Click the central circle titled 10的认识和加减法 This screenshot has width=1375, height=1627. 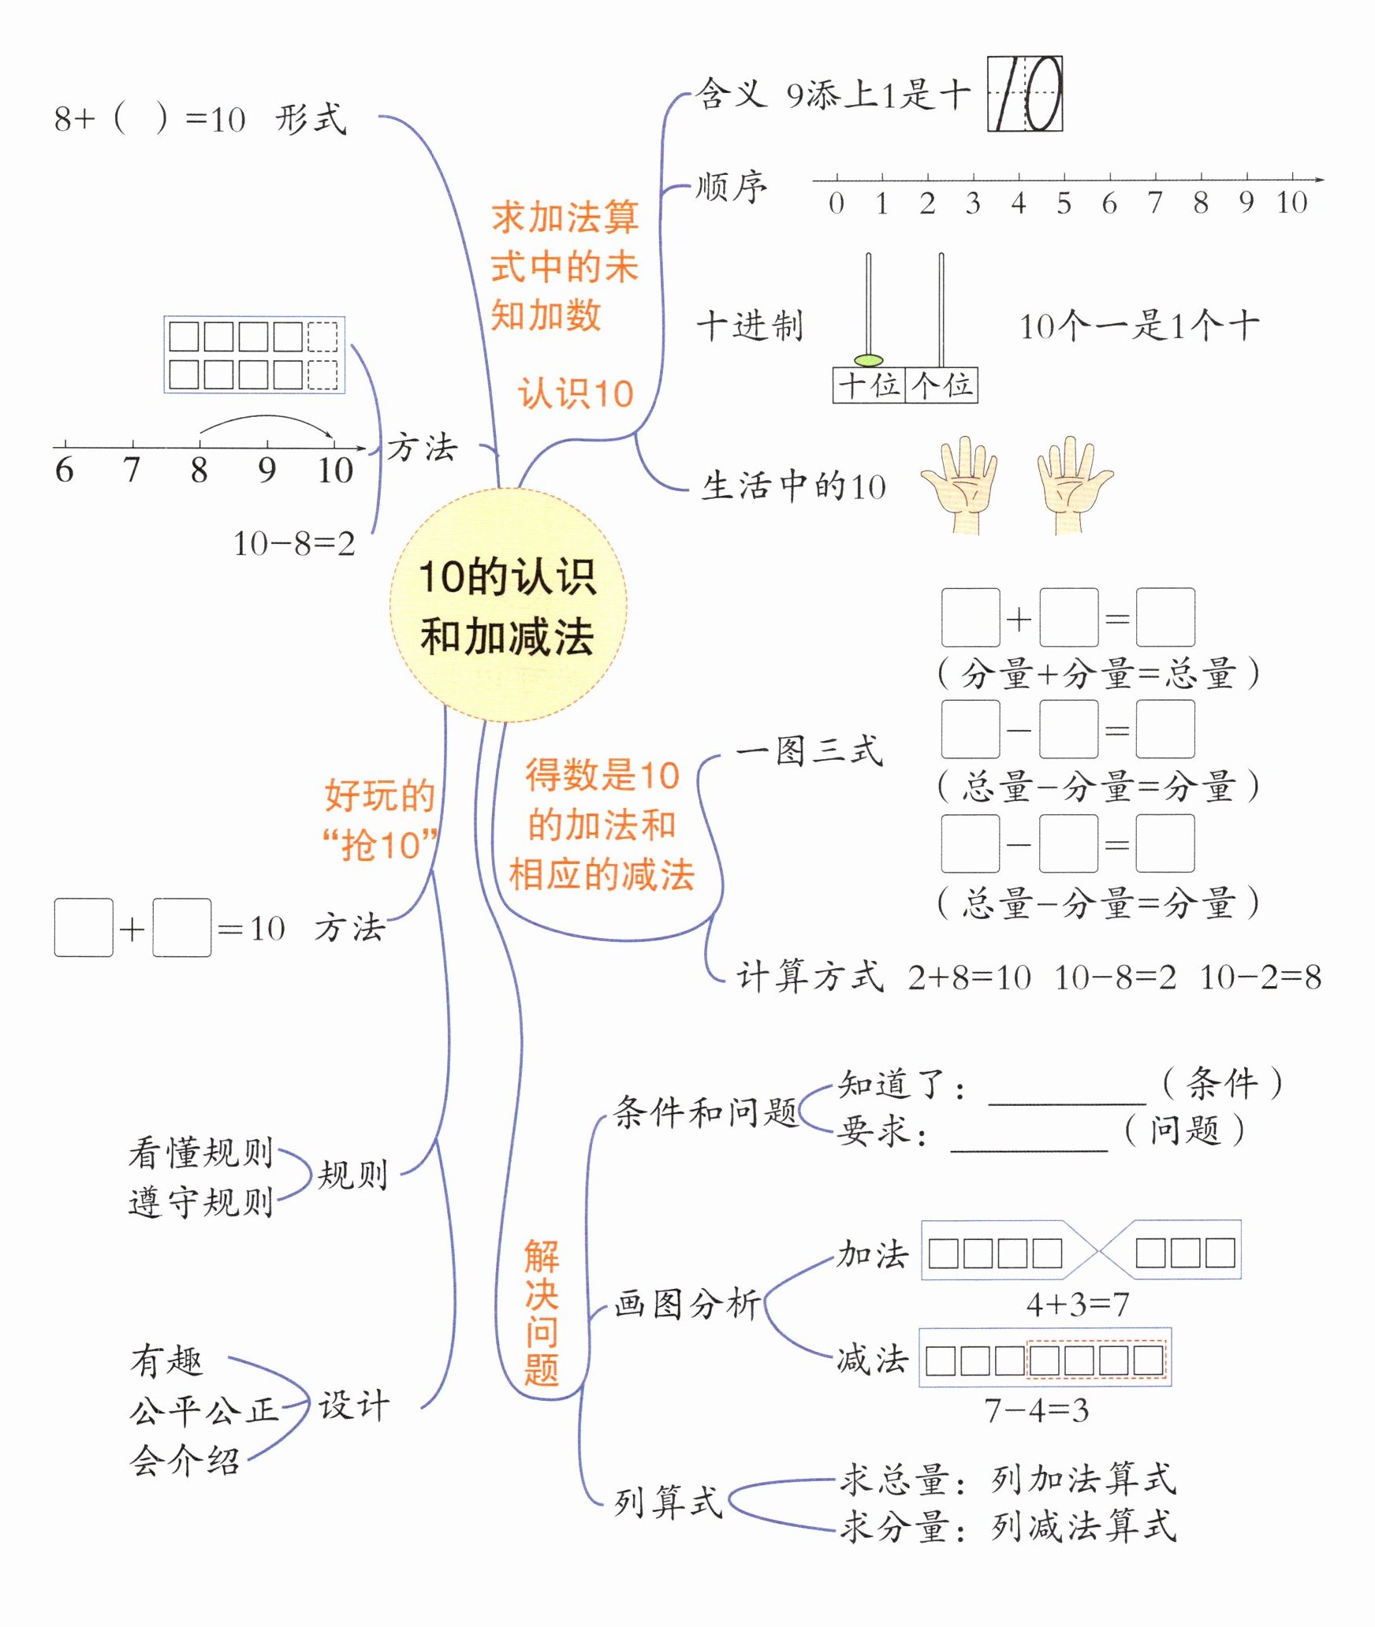pos(508,605)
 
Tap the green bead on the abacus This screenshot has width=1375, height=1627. pos(868,360)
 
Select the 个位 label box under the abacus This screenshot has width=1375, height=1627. pos(941,385)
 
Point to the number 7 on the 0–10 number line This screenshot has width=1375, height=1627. pos(1155,203)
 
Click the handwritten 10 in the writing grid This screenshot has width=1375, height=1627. pos(1025,93)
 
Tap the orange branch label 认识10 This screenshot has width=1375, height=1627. pos(576,393)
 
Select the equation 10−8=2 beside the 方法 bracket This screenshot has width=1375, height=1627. pos(294,543)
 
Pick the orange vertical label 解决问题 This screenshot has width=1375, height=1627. pos(542,1312)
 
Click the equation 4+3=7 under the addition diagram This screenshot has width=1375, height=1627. pos(1078,1305)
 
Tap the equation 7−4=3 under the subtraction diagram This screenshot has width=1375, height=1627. pos(1036,1410)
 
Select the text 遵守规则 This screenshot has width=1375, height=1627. pos(200,1203)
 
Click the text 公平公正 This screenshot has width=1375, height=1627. pos(203,1411)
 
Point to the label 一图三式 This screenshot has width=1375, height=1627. pos(809,750)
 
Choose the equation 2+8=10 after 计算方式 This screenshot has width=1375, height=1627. pos(969,977)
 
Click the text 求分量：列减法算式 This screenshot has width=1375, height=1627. pos(1008,1527)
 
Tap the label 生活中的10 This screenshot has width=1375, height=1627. pos(793,486)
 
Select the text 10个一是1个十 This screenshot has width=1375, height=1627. pos(1138,326)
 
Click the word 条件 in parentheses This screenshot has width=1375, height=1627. pos(1222,1083)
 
